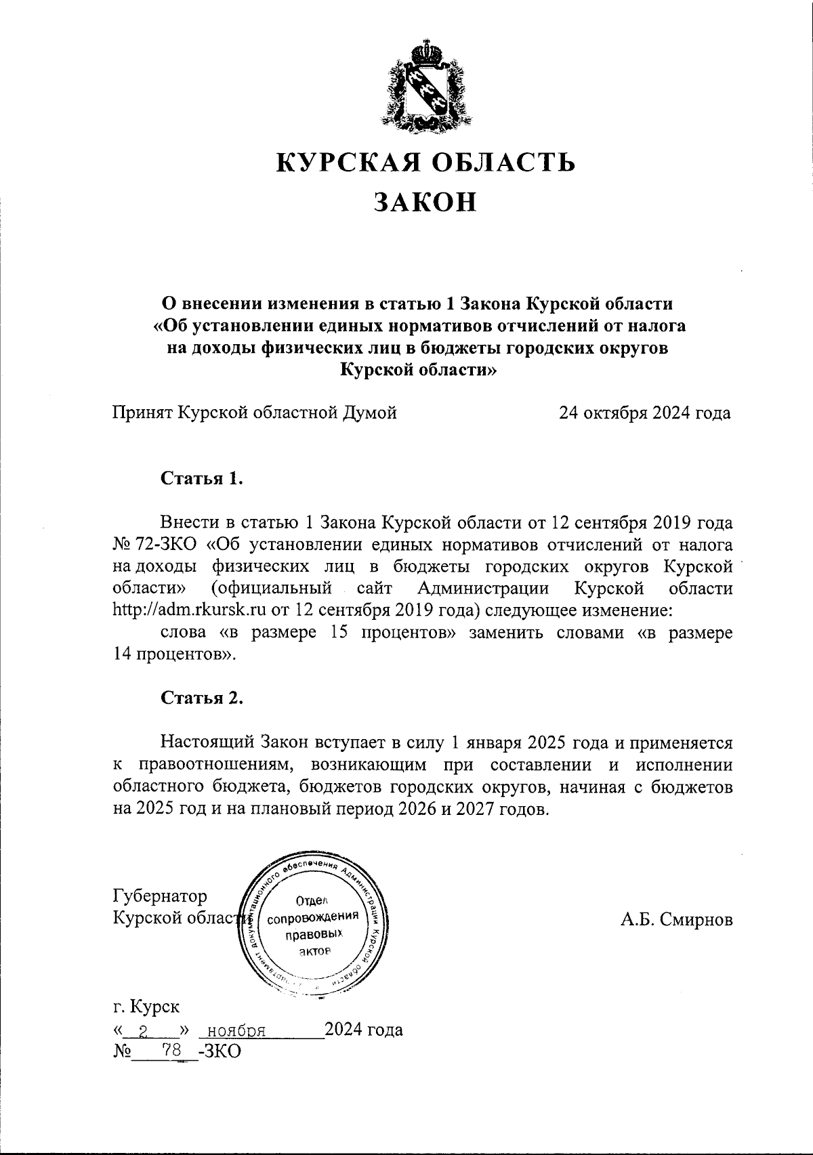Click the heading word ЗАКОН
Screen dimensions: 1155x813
tap(425, 202)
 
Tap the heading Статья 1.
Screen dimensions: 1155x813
tap(201, 478)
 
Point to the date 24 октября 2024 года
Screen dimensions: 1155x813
tap(644, 413)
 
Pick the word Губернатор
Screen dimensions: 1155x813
tap(160, 896)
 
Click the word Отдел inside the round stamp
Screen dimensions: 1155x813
tap(312, 901)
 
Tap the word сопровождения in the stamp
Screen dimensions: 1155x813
tap(312, 919)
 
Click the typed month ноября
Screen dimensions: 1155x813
tap(235, 1030)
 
